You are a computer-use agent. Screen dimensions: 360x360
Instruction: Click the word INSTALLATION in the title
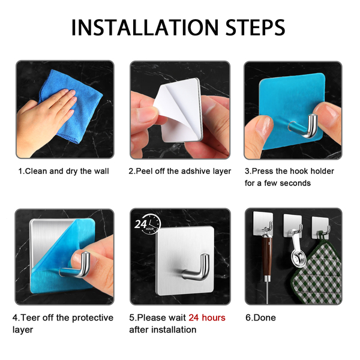(145, 28)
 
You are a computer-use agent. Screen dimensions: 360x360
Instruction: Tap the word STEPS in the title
(256, 28)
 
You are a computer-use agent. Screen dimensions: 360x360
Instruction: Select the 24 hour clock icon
(148, 224)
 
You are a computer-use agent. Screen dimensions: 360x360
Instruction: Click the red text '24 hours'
(207, 317)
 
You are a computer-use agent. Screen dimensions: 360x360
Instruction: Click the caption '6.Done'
(260, 317)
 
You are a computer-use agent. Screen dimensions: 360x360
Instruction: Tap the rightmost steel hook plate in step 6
(320, 227)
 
